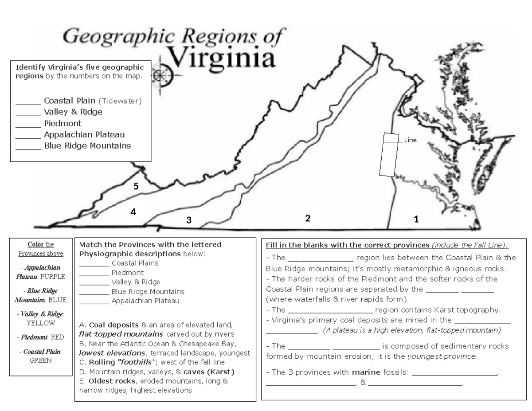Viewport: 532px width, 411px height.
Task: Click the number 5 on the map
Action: [x=137, y=187]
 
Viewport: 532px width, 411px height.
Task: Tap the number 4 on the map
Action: [x=133, y=212]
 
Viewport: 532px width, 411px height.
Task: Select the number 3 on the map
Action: [x=189, y=220]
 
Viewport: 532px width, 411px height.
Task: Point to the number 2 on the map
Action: [x=307, y=218]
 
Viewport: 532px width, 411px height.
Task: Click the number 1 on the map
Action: [x=416, y=219]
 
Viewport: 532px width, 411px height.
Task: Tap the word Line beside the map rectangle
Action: [x=410, y=140]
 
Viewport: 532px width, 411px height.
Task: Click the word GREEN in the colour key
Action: [x=41, y=360]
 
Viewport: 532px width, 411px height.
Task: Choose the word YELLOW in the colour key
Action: [x=41, y=323]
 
